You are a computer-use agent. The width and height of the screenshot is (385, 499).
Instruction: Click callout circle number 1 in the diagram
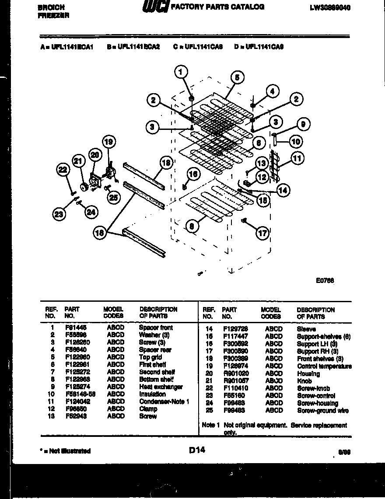182,71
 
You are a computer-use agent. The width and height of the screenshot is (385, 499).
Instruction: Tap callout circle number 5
237,78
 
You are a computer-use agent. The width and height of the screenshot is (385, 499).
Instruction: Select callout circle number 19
109,142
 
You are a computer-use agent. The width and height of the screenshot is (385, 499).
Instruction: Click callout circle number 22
63,170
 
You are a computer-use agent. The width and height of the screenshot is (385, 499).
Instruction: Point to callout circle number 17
262,233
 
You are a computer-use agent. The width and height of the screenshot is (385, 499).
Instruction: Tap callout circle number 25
113,198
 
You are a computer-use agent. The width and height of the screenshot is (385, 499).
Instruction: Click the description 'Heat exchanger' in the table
161,387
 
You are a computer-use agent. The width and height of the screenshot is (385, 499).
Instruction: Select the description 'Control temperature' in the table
324,366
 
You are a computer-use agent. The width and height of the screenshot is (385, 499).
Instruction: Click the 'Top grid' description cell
151,357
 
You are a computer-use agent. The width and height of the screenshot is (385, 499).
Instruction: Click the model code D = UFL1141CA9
259,46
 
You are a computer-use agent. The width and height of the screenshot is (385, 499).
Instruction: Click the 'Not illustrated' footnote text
65,451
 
